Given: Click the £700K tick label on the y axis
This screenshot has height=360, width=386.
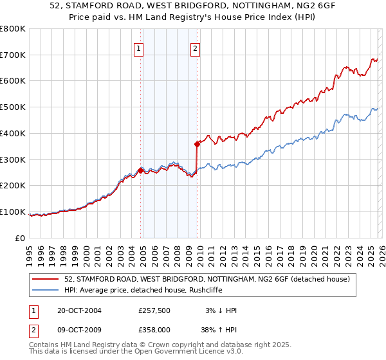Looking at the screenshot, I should (x=13, y=55).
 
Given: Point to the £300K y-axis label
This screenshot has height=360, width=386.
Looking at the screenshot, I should (x=13, y=159).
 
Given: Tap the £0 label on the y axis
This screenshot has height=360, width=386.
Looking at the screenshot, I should (x=21, y=238).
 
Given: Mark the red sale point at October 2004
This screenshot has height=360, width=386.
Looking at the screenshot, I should (x=141, y=170).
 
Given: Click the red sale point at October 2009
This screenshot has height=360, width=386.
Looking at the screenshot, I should (x=197, y=144).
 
